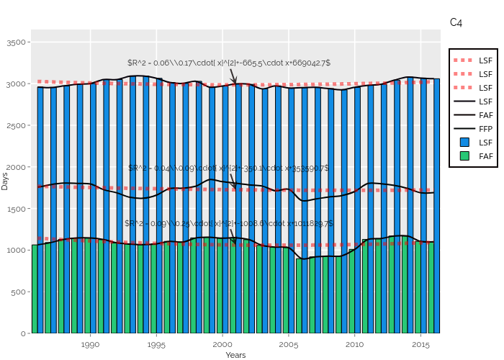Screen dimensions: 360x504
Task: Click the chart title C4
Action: point(456,23)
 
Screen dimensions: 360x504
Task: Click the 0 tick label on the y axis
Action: point(24,333)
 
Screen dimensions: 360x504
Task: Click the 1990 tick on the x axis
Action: point(91,345)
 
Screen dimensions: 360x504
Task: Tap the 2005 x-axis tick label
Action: point(288,345)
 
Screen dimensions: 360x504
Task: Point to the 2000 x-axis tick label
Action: point(222,345)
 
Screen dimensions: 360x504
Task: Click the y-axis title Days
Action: point(5,181)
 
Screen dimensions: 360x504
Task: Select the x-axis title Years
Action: point(235,355)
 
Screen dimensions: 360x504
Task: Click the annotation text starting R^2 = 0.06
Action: point(229,63)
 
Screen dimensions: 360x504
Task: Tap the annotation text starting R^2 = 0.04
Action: point(229,168)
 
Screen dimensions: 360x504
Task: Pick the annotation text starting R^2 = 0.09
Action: point(229,224)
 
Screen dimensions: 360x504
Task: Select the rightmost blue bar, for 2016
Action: point(436,206)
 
